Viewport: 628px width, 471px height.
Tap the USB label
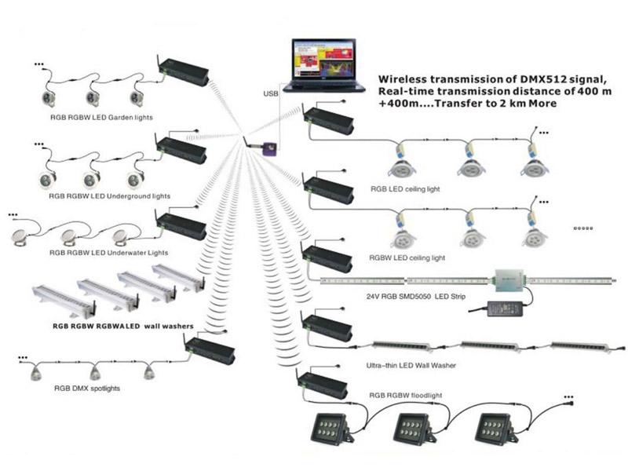270,94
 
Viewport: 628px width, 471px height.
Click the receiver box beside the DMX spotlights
210,349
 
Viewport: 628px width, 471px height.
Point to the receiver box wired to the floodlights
321,382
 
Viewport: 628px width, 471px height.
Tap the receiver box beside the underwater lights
182,227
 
